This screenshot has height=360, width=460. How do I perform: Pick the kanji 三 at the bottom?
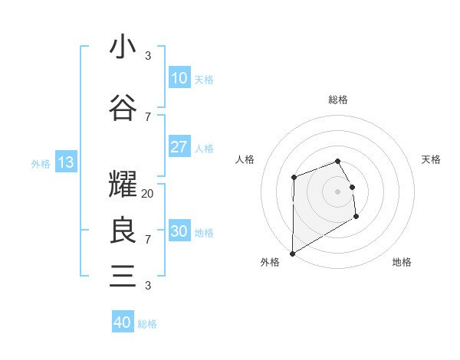pyautogui.click(x=123, y=275)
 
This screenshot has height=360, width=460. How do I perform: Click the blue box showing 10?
pyautogui.click(x=179, y=78)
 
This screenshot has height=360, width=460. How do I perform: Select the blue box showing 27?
pyautogui.click(x=179, y=147)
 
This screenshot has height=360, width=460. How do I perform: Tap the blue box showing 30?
pyautogui.click(x=179, y=231)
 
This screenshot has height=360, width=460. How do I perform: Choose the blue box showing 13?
pyautogui.click(x=65, y=162)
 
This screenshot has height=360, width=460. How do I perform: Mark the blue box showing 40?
pyautogui.click(x=123, y=322)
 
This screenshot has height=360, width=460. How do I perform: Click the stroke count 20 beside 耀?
pyautogui.click(x=148, y=194)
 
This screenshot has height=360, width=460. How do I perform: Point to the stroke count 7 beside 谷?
pyautogui.click(x=148, y=116)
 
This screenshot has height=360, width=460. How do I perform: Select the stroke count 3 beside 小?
pyautogui.click(x=148, y=56)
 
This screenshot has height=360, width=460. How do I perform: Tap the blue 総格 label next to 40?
pyautogui.click(x=147, y=324)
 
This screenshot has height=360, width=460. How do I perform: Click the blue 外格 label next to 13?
pyautogui.click(x=41, y=163)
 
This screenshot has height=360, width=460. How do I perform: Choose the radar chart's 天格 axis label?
pyautogui.click(x=432, y=159)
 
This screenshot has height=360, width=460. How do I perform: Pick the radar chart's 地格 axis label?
pyautogui.click(x=402, y=262)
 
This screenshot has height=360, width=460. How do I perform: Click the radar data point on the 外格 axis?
pyautogui.click(x=292, y=253)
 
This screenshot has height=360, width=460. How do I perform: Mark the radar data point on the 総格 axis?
pyautogui.click(x=337, y=161)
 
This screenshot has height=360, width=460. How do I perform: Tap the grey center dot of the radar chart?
pyautogui.click(x=337, y=191)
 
